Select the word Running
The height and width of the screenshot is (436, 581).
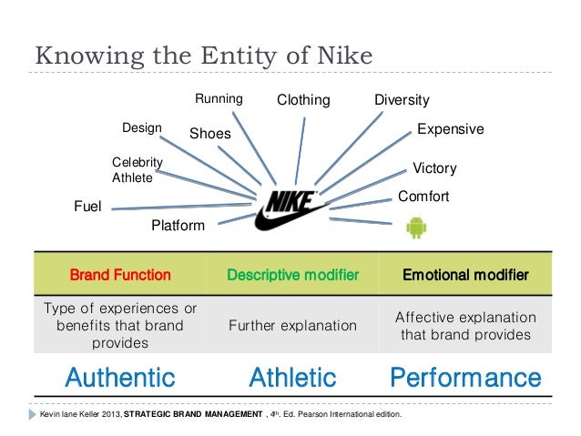(219, 99)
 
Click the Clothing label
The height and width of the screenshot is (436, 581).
(303, 100)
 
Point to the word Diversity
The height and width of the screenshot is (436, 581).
(402, 100)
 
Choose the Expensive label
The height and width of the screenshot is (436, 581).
(450, 129)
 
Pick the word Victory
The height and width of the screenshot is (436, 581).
(434, 168)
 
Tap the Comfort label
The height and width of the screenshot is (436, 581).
(423, 196)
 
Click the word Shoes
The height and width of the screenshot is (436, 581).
(210, 134)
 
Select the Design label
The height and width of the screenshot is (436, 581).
(141, 127)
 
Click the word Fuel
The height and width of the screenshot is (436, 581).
(87, 207)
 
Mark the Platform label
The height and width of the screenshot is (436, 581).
(178, 225)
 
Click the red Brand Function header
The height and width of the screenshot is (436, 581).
(120, 274)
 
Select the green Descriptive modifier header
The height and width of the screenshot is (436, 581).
(292, 274)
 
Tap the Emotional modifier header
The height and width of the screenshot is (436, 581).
(464, 274)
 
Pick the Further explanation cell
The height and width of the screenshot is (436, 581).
(292, 325)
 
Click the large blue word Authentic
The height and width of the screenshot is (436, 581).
(120, 377)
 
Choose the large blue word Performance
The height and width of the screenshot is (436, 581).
(464, 377)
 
